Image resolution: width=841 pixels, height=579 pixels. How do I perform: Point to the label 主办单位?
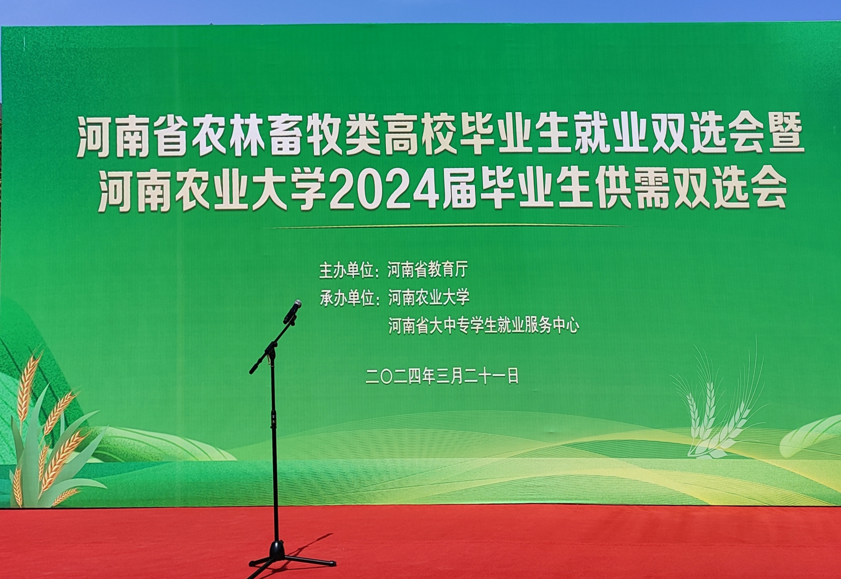tap(346, 271)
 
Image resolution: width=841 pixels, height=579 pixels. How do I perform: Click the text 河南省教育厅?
tap(427, 270)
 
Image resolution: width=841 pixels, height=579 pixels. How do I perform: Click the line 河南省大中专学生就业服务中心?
tap(483, 325)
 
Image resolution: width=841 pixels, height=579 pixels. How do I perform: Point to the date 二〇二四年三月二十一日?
tap(442, 376)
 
